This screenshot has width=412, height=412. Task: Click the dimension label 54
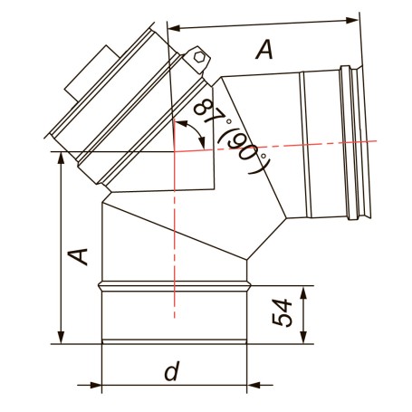(283, 312)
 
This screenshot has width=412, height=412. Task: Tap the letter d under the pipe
(172, 370)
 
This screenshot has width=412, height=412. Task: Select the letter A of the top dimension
(264, 50)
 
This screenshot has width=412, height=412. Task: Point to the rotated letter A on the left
(78, 256)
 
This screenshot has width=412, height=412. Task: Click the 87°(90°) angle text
(230, 137)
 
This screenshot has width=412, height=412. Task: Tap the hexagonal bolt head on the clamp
(199, 57)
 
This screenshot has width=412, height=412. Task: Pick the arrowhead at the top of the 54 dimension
(303, 292)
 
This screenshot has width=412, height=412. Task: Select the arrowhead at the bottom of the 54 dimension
(303, 337)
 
